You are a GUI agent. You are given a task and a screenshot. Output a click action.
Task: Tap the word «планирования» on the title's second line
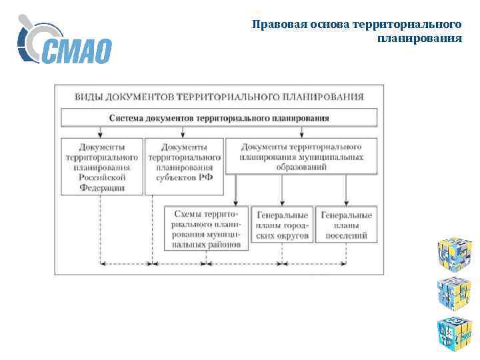click(x=419, y=39)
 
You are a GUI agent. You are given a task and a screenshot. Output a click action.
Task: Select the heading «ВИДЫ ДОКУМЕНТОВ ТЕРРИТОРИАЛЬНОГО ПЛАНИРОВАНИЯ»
click(x=219, y=96)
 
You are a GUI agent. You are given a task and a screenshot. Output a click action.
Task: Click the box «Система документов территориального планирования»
click(x=219, y=118)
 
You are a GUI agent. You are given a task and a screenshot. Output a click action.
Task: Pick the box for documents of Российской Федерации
click(x=102, y=167)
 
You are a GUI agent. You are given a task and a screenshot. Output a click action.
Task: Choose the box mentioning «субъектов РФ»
click(x=184, y=162)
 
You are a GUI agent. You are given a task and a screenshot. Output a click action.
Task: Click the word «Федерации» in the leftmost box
click(x=102, y=188)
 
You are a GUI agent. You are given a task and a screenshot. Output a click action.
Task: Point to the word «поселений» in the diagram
click(x=346, y=236)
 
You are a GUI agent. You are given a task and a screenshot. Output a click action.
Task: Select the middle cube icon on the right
click(x=455, y=291)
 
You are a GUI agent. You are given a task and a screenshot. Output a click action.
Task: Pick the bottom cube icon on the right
click(x=455, y=331)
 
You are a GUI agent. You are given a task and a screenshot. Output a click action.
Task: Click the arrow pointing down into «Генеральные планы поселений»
click(x=347, y=199)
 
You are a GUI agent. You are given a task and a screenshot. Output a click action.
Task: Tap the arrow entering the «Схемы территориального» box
click(x=237, y=199)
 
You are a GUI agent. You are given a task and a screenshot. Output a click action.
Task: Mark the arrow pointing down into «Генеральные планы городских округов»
click(x=283, y=199)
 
